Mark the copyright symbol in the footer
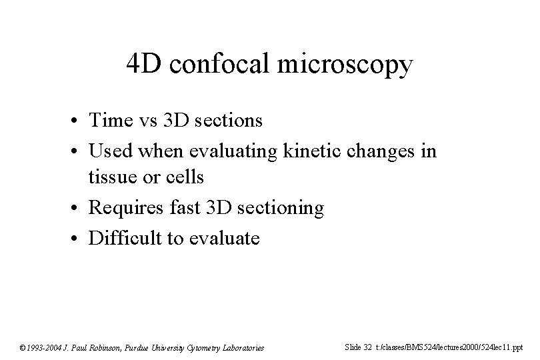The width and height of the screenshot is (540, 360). (23, 347)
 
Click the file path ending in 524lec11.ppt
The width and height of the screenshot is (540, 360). (449, 347)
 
